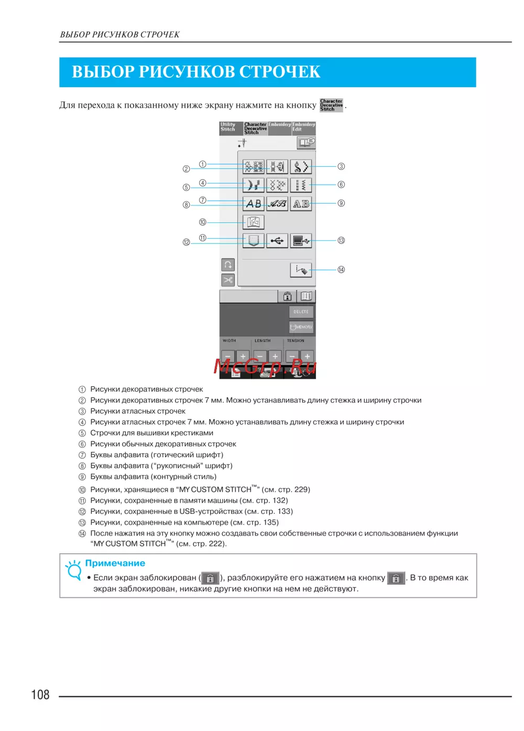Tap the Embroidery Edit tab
(304, 128)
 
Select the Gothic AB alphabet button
(254, 203)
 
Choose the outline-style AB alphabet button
(301, 203)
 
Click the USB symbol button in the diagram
(277, 241)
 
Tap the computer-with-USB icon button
(301, 241)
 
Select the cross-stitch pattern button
(277, 185)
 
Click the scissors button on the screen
(228, 280)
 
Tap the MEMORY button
(301, 327)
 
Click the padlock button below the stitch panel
(287, 296)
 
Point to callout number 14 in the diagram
(341, 270)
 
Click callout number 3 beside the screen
(341, 167)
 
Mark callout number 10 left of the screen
(203, 222)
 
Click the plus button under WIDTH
(243, 357)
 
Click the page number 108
(40, 695)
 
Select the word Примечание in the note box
(115, 563)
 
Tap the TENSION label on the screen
(296, 341)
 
